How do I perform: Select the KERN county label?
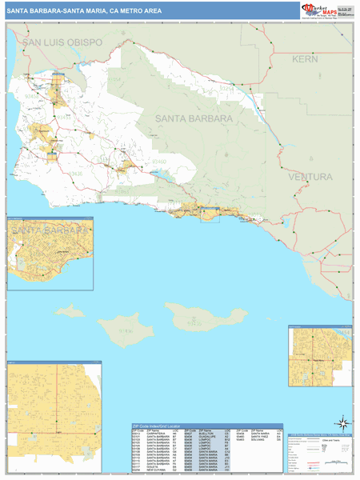click(x=305, y=59)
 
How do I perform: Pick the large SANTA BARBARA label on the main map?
click(x=186, y=118)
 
